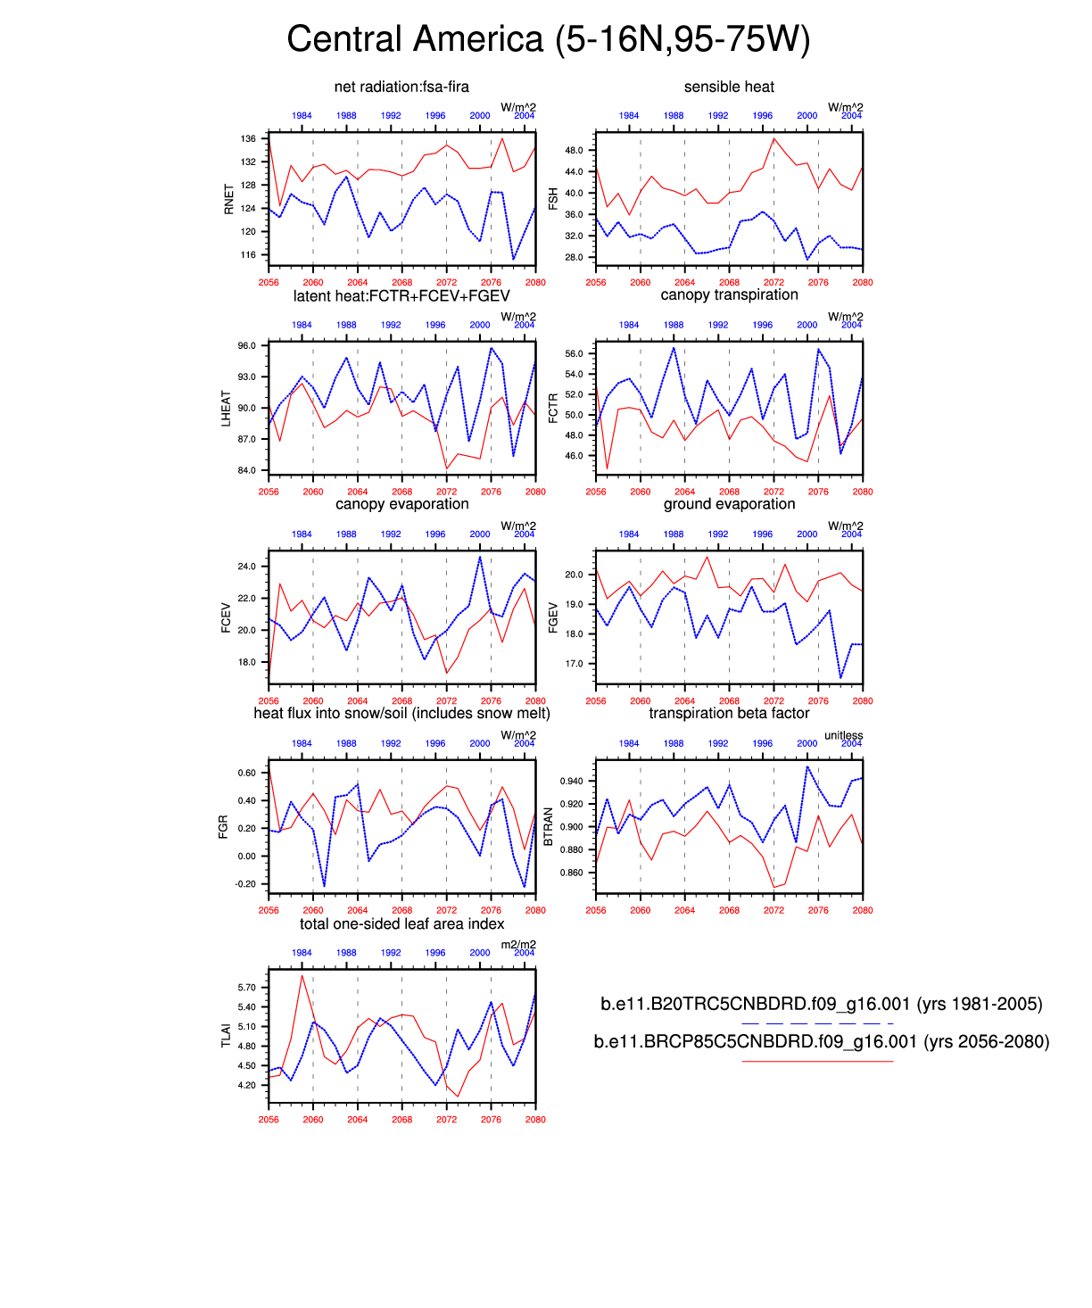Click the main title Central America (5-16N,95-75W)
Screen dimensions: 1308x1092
click(548, 40)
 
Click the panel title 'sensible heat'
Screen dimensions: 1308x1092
click(729, 87)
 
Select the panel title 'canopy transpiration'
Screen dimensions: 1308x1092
click(729, 294)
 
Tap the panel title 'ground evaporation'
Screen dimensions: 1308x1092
click(729, 504)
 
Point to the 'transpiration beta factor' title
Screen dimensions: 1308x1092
click(729, 713)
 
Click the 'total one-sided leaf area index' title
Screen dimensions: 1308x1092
click(401, 923)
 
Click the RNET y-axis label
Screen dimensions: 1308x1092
click(229, 199)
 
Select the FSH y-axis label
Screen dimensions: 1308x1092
click(553, 199)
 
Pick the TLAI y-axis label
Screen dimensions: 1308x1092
click(226, 1036)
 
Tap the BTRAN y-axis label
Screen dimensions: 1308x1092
click(549, 827)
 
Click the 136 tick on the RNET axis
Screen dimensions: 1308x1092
click(248, 139)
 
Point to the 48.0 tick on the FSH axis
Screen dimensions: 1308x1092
click(574, 150)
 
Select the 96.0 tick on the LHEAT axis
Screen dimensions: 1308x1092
click(246, 346)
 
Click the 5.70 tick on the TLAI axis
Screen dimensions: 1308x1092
click(246, 988)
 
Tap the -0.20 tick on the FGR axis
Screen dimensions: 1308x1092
click(246, 884)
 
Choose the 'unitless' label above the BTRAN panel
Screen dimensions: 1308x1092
click(843, 735)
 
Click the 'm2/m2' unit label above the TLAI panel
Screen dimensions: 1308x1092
click(518, 945)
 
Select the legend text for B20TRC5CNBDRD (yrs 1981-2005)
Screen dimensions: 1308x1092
click(821, 1004)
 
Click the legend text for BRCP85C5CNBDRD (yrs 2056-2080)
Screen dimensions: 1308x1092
click(821, 1041)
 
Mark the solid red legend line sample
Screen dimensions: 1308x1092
click(816, 1061)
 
